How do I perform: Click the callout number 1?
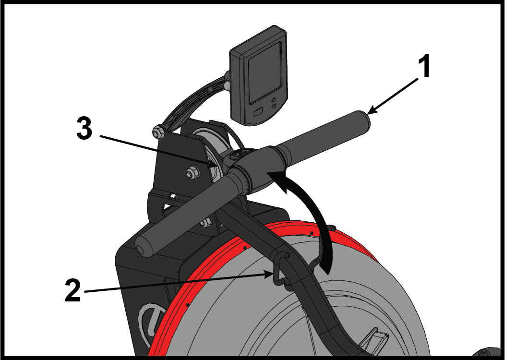(x=424, y=66)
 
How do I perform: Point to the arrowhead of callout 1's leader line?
(x=371, y=111)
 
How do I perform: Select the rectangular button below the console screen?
(x=258, y=113)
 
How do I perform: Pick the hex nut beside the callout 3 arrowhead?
(x=192, y=173)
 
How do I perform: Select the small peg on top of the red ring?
(x=333, y=228)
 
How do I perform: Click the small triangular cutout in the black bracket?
(x=167, y=207)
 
